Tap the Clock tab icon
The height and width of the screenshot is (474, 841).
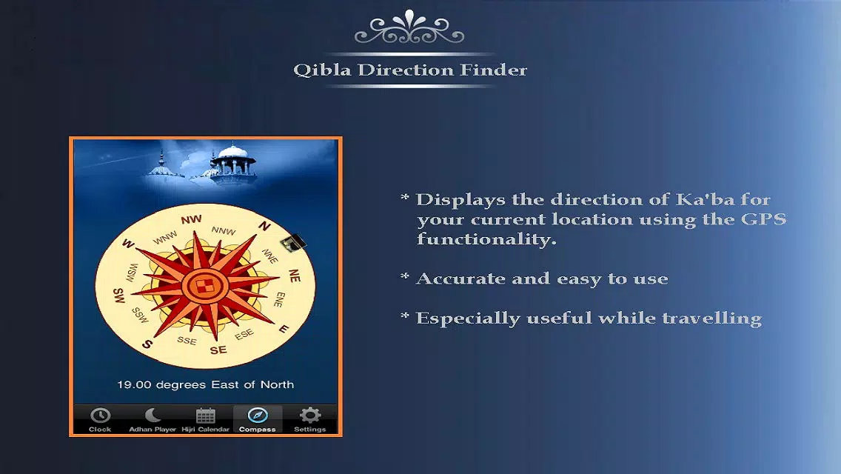100,415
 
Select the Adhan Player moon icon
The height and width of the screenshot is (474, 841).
153,415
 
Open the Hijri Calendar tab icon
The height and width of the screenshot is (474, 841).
205,415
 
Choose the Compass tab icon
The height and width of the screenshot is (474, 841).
258,415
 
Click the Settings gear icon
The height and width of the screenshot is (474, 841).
310,415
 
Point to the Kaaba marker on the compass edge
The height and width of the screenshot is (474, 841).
293,243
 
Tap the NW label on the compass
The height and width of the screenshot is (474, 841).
192,219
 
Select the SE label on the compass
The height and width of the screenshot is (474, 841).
218,350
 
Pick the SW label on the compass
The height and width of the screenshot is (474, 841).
118,296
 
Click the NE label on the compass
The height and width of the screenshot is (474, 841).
295,276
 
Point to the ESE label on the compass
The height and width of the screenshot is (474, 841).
244,335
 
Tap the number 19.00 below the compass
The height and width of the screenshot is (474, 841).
134,384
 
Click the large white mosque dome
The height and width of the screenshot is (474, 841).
233,151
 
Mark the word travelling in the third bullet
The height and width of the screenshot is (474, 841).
711,318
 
